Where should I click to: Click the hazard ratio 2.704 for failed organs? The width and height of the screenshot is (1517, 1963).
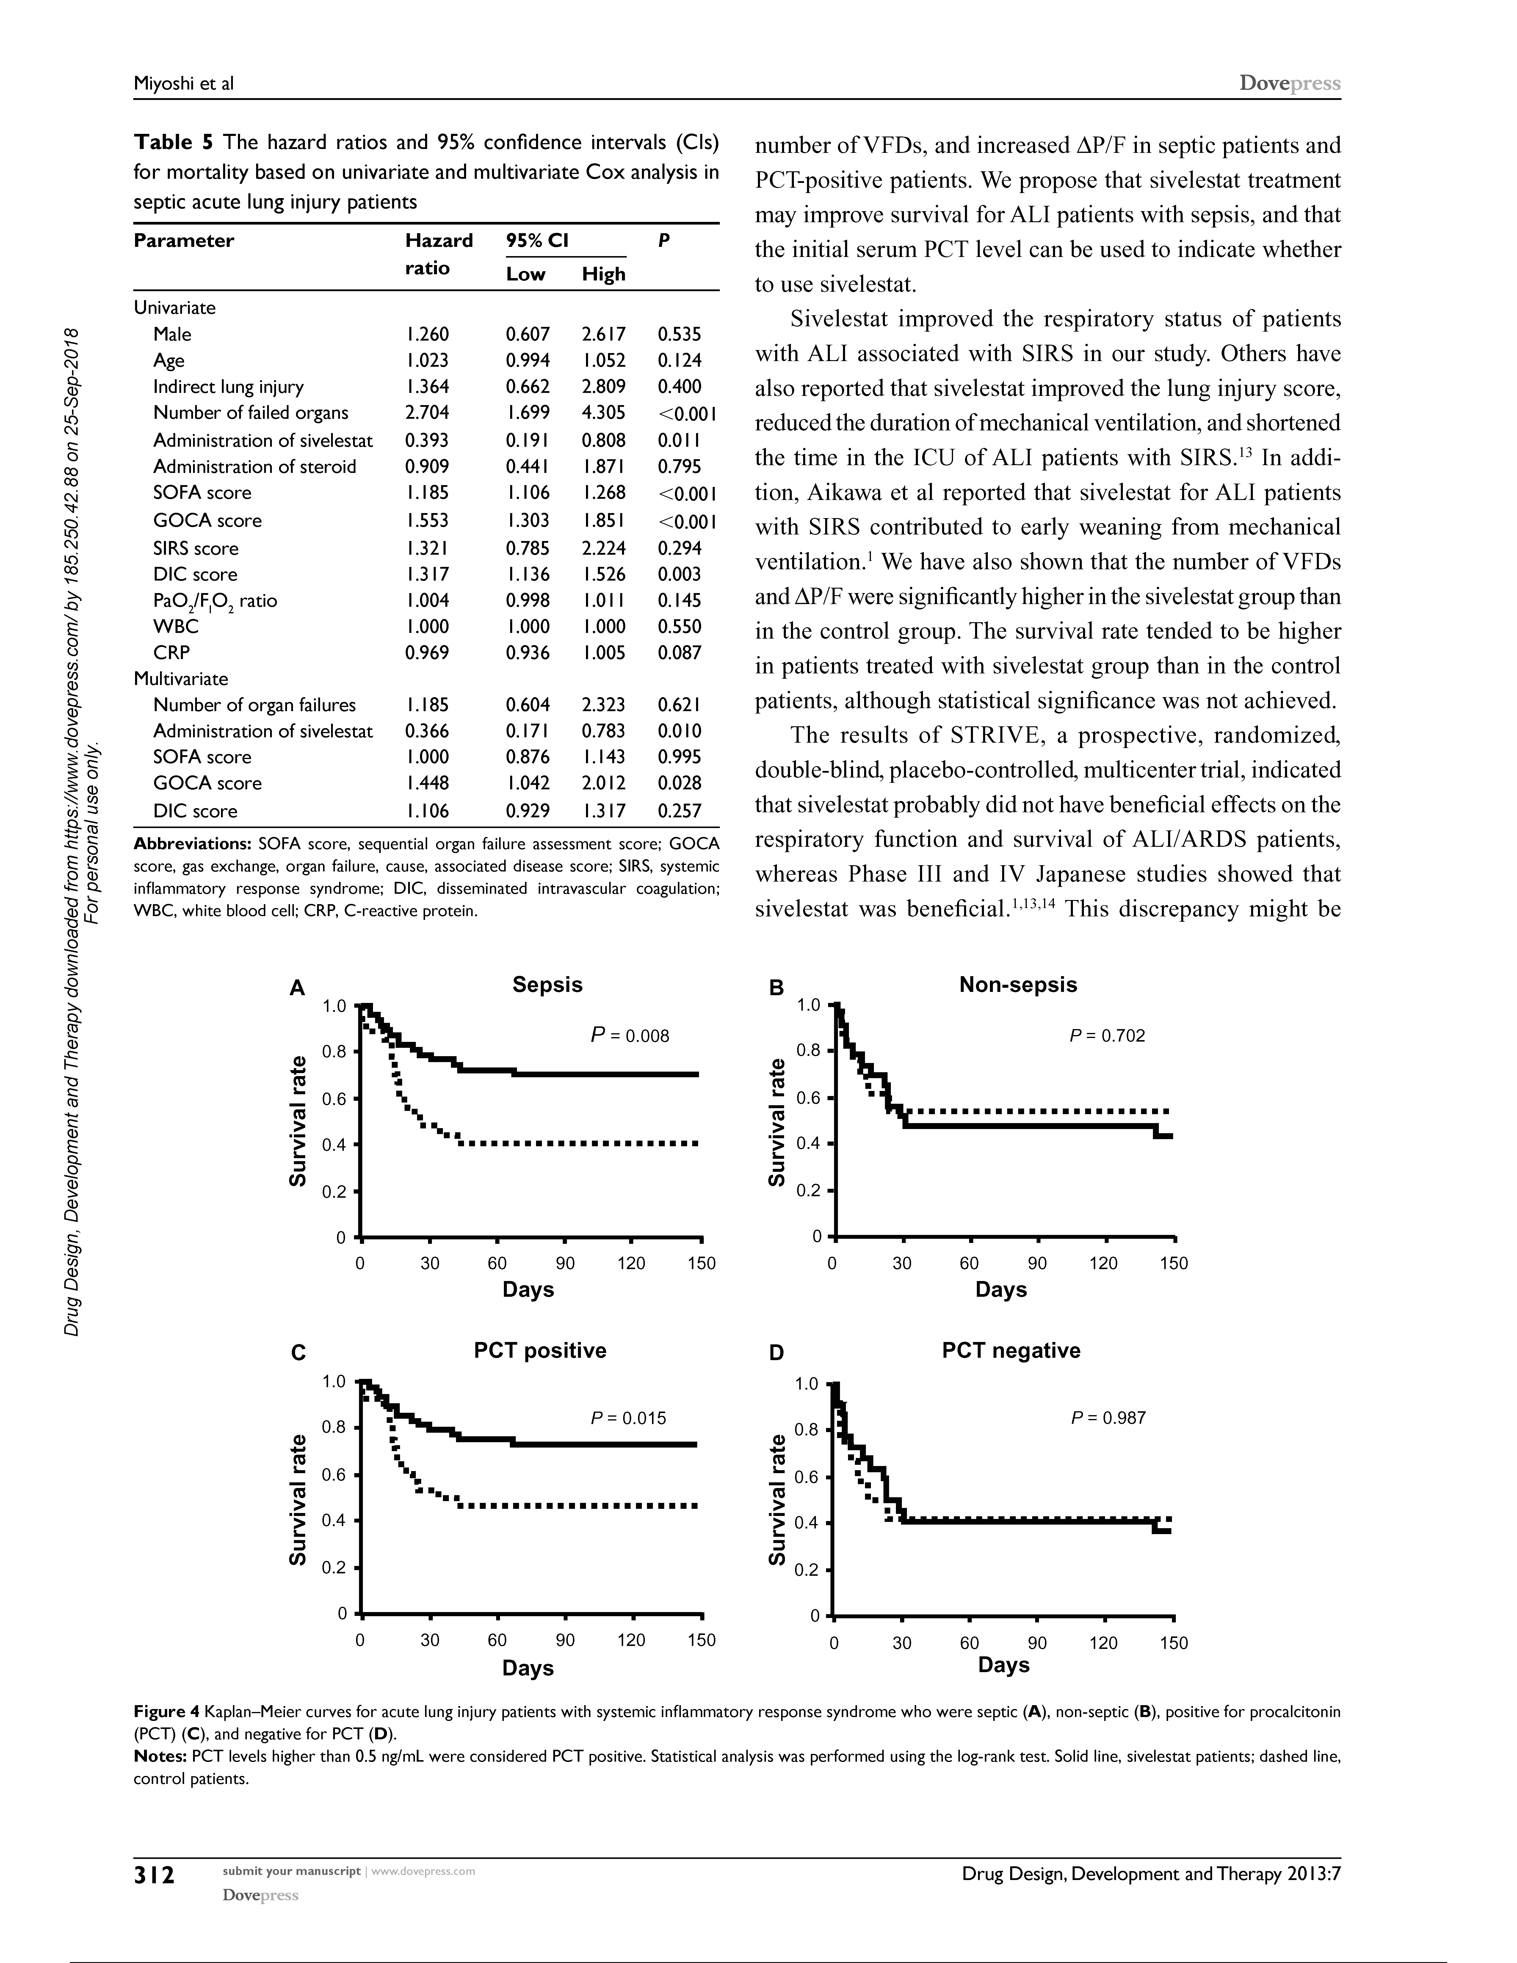point(427,413)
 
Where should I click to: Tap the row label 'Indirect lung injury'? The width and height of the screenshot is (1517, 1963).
point(228,386)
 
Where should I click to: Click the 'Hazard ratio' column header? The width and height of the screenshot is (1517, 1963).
point(438,254)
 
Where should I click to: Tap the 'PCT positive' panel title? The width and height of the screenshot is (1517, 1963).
point(540,1351)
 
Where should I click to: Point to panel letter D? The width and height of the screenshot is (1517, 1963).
point(776,1353)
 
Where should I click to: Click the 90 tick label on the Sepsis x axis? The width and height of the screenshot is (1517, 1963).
point(564,1264)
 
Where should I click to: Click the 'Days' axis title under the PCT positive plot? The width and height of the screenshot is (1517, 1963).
point(528,1668)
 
